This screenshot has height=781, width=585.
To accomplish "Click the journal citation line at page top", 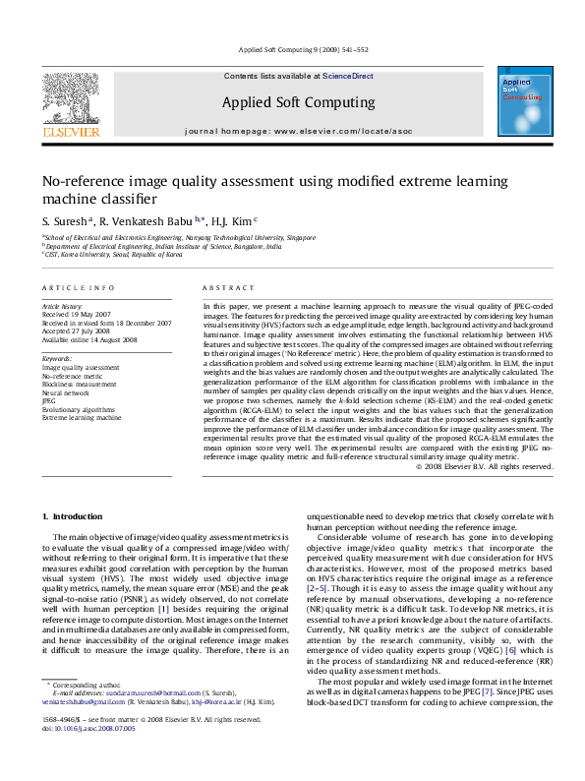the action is coord(291,49).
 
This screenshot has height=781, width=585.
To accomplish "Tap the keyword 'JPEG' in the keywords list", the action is coord(48,401).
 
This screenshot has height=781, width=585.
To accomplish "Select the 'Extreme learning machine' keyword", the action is coord(81,417).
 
